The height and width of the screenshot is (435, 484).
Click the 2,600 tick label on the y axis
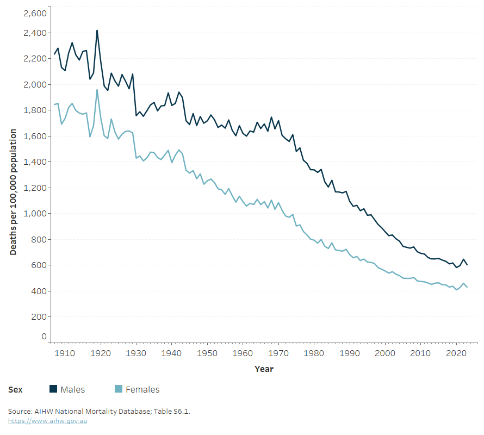click(x=35, y=13)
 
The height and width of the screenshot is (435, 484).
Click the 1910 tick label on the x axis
click(x=65, y=353)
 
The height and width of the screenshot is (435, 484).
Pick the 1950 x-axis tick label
click(x=207, y=353)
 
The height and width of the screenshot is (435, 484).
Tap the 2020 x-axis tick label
click(x=456, y=353)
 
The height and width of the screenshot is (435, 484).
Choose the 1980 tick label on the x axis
click(x=314, y=353)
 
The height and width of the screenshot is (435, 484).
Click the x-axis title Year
click(x=264, y=369)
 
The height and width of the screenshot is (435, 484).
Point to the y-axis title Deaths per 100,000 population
click(x=13, y=192)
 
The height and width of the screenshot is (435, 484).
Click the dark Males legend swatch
click(x=53, y=389)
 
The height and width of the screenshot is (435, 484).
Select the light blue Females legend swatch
click(x=118, y=389)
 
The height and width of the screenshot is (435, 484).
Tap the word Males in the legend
click(x=72, y=389)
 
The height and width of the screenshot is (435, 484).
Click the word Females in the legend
click(x=142, y=389)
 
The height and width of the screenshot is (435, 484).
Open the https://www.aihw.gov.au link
click(x=47, y=421)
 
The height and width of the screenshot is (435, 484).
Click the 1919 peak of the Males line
click(x=97, y=30)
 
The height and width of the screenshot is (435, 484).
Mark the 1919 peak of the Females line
click(x=97, y=90)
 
